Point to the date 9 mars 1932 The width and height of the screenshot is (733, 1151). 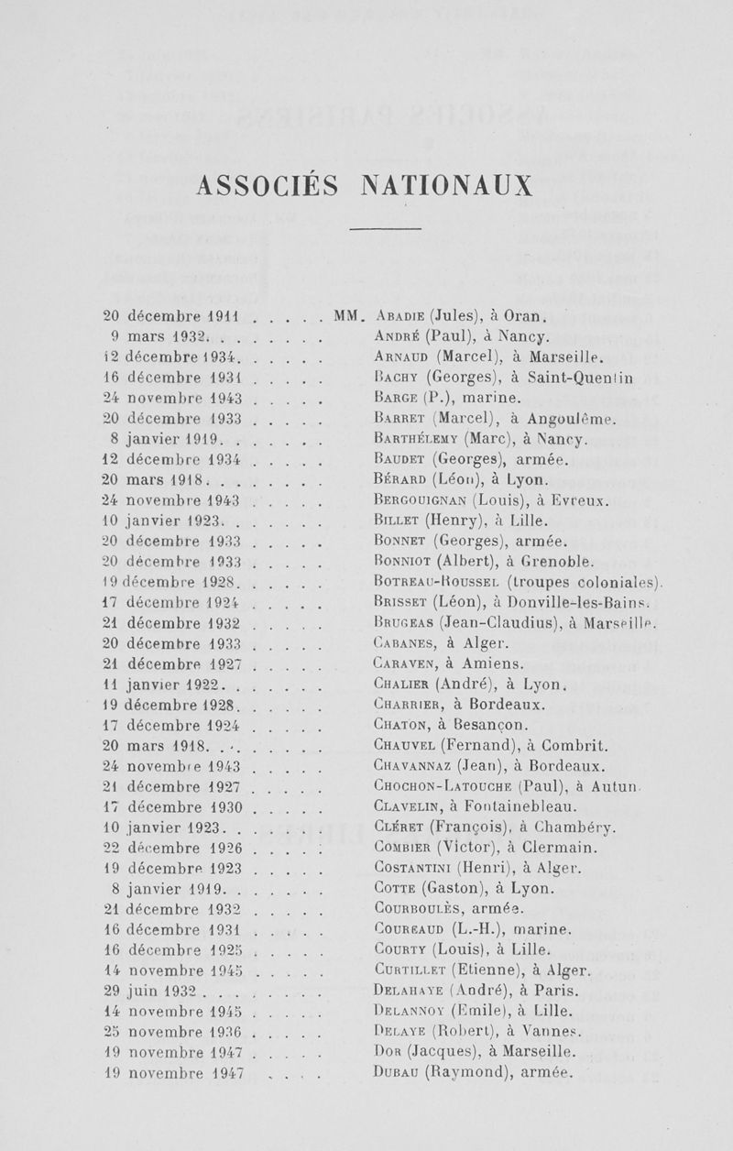[160, 336]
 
